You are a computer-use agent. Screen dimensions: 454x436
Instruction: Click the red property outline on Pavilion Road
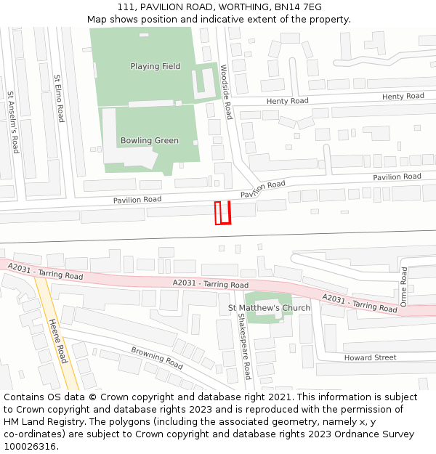(x=222, y=213)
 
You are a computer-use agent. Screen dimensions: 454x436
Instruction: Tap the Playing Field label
(x=156, y=67)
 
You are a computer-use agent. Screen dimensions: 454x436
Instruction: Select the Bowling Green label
(x=150, y=141)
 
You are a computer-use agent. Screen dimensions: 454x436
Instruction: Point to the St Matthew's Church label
(x=270, y=308)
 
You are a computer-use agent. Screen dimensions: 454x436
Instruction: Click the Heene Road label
(x=58, y=341)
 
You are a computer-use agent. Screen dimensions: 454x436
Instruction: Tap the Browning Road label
(x=156, y=357)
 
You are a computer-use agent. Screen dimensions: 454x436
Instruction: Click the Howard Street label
(x=371, y=357)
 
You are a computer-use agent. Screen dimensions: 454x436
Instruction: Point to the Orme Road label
(x=404, y=285)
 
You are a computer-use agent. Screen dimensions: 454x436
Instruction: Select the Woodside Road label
(x=227, y=92)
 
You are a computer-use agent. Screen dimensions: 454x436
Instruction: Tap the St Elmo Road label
(x=59, y=97)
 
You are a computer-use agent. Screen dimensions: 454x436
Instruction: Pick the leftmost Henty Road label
(x=287, y=102)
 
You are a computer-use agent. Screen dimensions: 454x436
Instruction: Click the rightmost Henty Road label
(x=403, y=97)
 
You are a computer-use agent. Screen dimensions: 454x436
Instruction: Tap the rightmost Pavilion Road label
(x=397, y=177)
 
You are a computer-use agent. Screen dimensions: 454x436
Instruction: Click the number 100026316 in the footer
(x=29, y=446)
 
